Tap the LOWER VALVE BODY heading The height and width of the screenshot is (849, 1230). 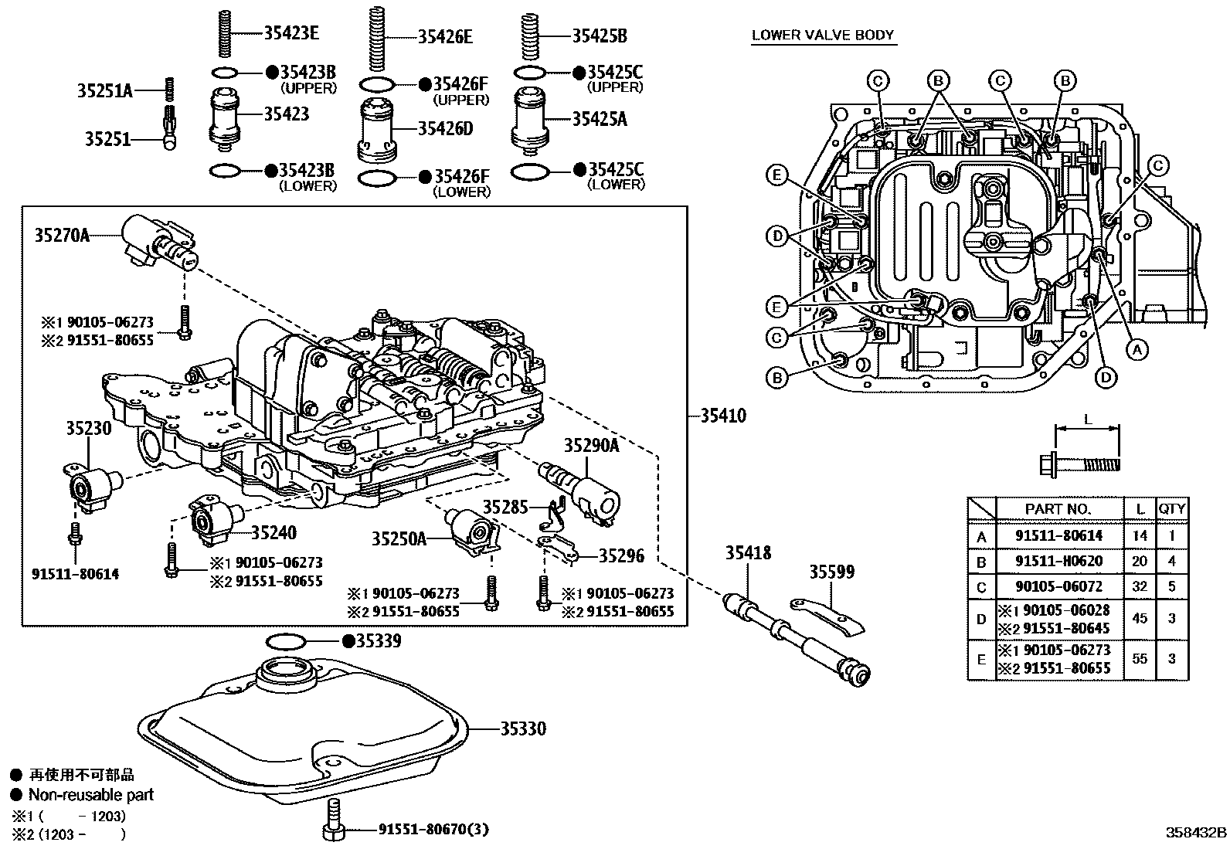(822, 35)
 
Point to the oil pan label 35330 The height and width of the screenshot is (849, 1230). (522, 728)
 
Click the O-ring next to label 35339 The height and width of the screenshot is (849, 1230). (286, 641)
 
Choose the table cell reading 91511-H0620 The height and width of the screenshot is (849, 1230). (1058, 561)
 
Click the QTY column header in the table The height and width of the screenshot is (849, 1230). (1171, 508)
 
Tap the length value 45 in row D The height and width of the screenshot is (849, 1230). (1140, 618)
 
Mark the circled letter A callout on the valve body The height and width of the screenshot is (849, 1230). (1135, 350)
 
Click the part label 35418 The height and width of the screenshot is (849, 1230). (747, 553)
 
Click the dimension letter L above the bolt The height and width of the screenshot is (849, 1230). (1088, 419)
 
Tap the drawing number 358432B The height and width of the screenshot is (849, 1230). (1196, 833)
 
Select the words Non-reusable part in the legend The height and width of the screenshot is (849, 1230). (91, 794)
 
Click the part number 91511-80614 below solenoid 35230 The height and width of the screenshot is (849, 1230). (75, 574)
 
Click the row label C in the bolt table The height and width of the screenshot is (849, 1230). (981, 587)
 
